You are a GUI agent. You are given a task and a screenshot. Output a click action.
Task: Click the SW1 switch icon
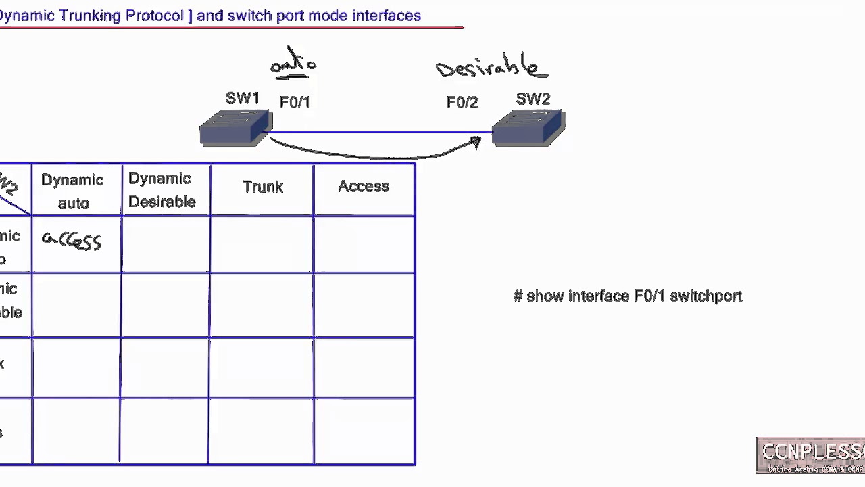(x=236, y=128)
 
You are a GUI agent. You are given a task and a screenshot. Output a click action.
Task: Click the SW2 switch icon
(x=528, y=127)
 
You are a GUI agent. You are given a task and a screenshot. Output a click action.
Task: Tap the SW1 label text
(x=242, y=99)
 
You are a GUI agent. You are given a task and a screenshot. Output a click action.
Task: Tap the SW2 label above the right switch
(x=533, y=99)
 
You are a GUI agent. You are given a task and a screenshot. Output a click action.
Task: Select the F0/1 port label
(x=295, y=102)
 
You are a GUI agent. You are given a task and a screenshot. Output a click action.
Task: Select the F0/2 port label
(x=462, y=102)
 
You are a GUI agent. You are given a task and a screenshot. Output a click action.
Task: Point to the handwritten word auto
(x=293, y=64)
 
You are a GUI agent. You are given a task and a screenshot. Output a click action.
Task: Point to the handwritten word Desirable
(x=491, y=68)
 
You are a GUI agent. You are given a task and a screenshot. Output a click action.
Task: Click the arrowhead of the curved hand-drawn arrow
(x=476, y=141)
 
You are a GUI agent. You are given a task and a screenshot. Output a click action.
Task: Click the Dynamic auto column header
(x=72, y=191)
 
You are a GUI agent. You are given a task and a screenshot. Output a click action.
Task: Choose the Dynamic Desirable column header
(x=162, y=190)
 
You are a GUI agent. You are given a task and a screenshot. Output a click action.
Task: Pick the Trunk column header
(x=263, y=187)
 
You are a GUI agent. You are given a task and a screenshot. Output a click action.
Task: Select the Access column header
(x=364, y=187)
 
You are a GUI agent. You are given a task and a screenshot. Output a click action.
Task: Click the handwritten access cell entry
(x=72, y=241)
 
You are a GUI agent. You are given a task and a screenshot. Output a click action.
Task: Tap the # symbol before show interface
(x=518, y=296)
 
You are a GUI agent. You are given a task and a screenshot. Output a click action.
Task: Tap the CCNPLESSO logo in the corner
(x=811, y=455)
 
